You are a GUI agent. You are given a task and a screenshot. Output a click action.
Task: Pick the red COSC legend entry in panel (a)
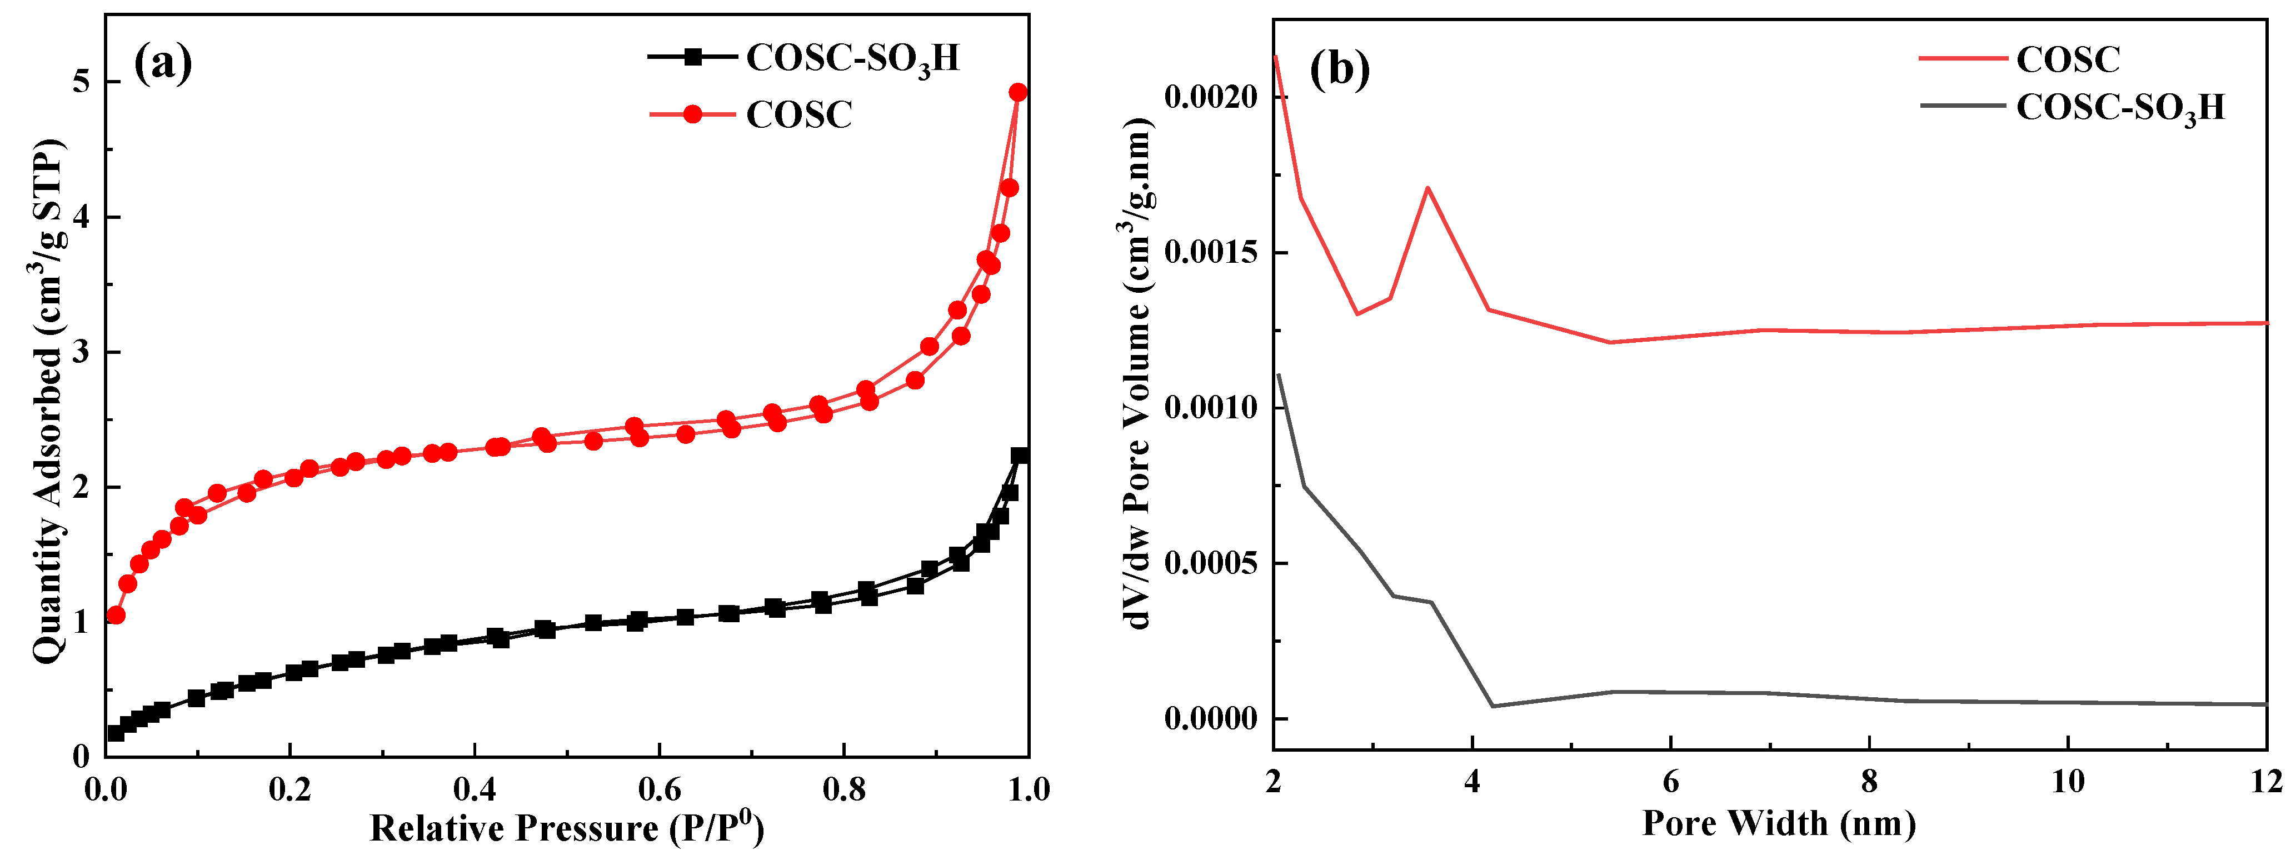tap(798, 114)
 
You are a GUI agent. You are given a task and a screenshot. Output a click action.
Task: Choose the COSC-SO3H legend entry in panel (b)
tap(2119, 107)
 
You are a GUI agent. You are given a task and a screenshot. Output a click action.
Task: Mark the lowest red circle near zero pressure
tap(115, 615)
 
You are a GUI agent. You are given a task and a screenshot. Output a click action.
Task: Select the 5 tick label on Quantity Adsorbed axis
tap(82, 81)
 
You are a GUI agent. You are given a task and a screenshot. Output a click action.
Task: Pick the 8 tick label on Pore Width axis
tap(1869, 782)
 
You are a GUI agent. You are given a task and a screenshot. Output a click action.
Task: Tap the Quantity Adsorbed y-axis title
tap(49, 401)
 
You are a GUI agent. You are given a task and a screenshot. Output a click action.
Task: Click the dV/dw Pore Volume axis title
tap(1136, 374)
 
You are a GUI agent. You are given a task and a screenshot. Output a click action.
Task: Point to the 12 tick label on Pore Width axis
tap(2265, 782)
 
